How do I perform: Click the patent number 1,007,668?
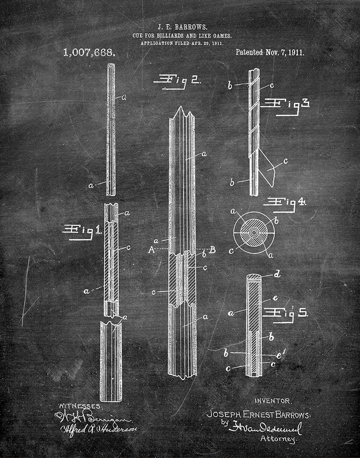pos(89,53)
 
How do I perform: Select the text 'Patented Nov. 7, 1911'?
pos(269,52)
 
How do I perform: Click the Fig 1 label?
pos(82,230)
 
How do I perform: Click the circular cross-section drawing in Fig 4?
pos(253,232)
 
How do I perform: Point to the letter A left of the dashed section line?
pos(151,250)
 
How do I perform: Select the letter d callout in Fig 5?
pos(277,275)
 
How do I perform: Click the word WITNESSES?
pos(81,406)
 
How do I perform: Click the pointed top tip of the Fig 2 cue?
pos(182,109)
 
